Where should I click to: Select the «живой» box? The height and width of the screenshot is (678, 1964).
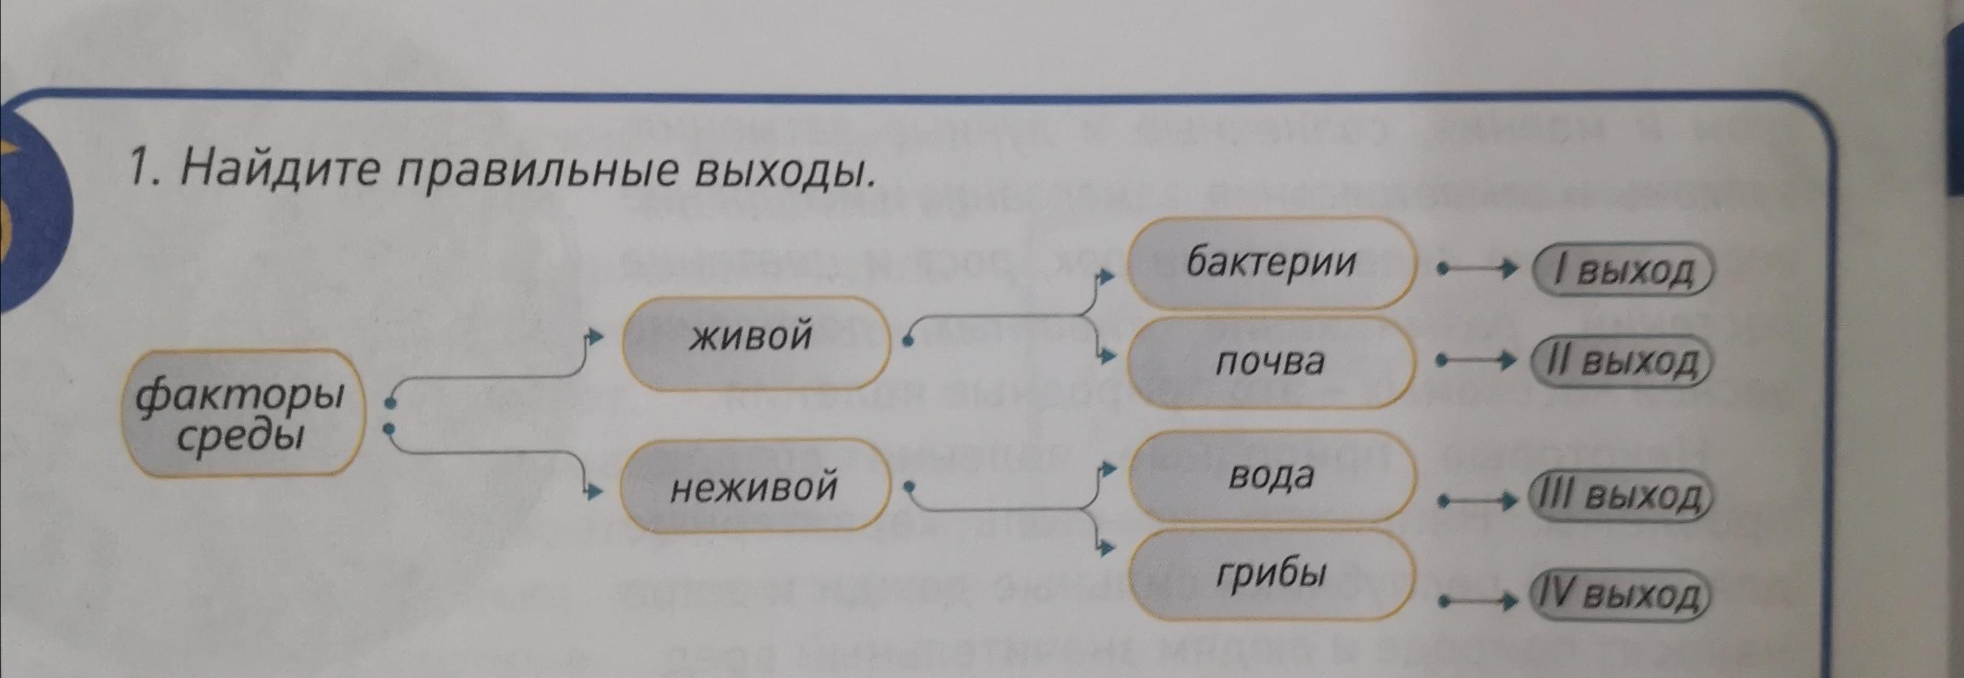click(x=756, y=343)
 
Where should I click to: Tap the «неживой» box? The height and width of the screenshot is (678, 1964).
click(x=756, y=485)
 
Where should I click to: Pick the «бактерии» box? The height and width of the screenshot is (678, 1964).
click(x=1270, y=262)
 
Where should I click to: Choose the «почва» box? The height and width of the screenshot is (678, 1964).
click(x=1270, y=362)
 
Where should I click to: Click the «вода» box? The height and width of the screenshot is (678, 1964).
click(x=1270, y=478)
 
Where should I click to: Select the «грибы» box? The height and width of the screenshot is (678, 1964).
click(x=1270, y=575)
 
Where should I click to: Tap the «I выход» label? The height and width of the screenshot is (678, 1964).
click(x=1622, y=271)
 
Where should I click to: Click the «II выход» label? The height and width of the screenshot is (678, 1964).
click(x=1622, y=362)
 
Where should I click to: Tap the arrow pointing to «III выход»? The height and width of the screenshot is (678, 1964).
click(x=1474, y=501)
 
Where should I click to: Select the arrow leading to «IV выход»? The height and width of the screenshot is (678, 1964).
click(x=1474, y=602)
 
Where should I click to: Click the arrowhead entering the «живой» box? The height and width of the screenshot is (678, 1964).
click(x=597, y=336)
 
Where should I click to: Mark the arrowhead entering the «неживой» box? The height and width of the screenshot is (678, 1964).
click(x=597, y=492)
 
